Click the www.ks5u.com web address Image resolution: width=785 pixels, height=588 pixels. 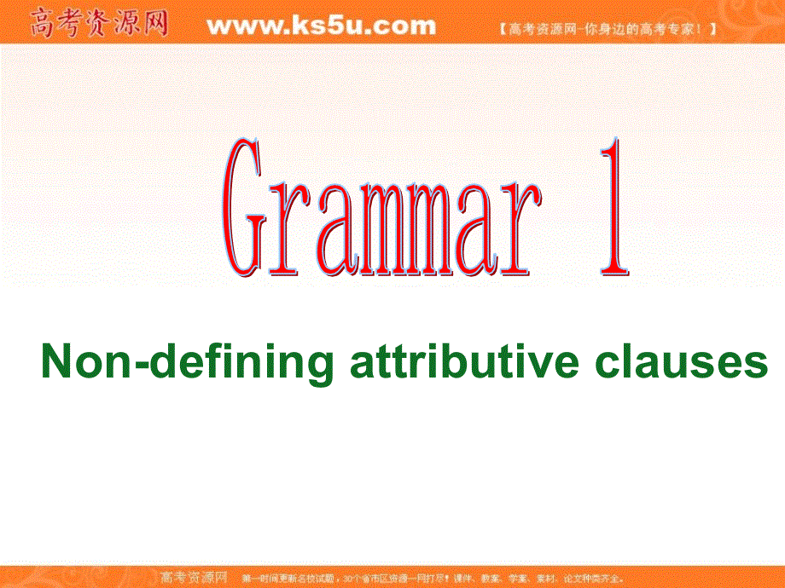321,26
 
